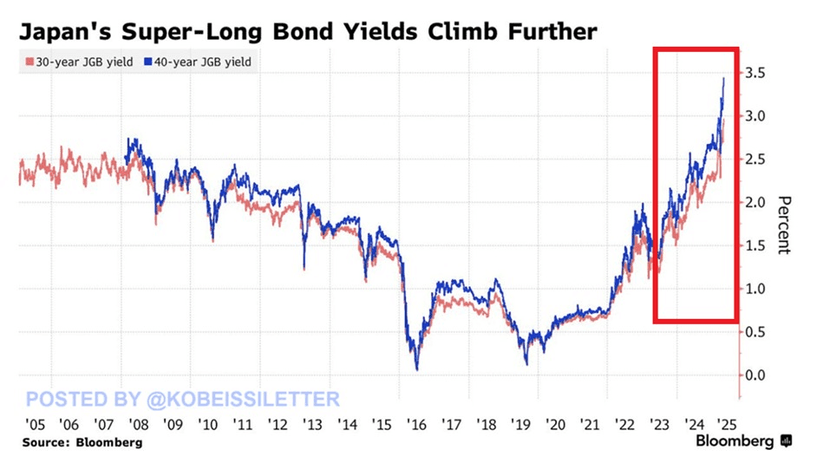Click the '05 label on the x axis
pos(32,424)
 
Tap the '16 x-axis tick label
pos(416,424)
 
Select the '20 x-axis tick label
pos(556,424)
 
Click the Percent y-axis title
pos(784,223)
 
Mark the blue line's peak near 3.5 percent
pos(724,78)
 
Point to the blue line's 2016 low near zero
pos(417,369)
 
